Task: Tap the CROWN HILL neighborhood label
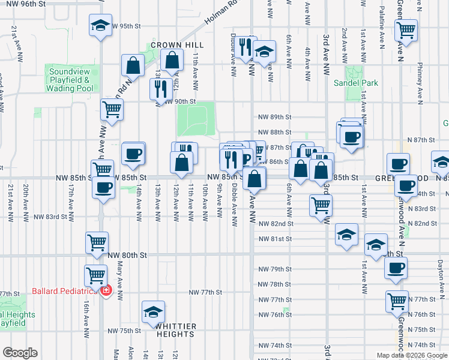(177, 45)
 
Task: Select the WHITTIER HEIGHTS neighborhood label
(176, 331)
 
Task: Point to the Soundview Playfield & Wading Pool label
(70, 80)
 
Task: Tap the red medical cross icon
(106, 290)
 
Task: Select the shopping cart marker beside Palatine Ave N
(406, 29)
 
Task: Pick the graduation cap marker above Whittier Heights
(153, 312)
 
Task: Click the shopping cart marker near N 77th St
(397, 301)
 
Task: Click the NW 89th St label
(274, 117)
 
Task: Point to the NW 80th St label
(127, 255)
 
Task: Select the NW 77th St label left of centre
(205, 292)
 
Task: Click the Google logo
(20, 353)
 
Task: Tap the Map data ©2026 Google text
(411, 355)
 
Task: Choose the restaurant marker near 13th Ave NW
(160, 89)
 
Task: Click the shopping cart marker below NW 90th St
(112, 110)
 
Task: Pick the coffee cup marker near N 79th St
(395, 268)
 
